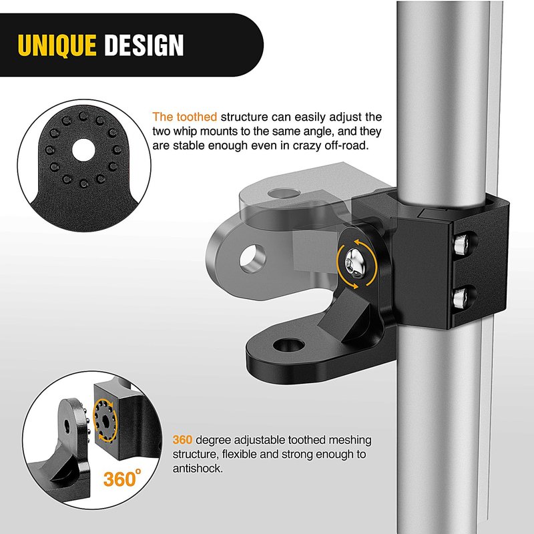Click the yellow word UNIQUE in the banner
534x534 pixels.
pos(57,45)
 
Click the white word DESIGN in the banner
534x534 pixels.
pos(144,45)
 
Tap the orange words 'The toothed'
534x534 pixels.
pos(185,117)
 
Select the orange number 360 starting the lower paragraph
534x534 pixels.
pos(182,440)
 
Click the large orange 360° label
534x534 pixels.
pos(122,478)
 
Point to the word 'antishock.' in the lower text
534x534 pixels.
pos(198,469)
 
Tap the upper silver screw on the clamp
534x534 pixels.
pos(461,244)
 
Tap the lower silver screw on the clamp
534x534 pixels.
pos(461,296)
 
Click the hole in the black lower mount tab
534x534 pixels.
pos(288,345)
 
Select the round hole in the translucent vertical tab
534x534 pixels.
pos(252,258)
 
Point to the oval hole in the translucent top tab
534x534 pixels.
pos(284,193)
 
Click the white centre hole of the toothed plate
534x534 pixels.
pos(83,150)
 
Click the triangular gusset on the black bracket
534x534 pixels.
pos(344,313)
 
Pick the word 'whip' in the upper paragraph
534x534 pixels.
pos(186,131)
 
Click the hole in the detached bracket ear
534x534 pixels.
pos(67,426)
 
